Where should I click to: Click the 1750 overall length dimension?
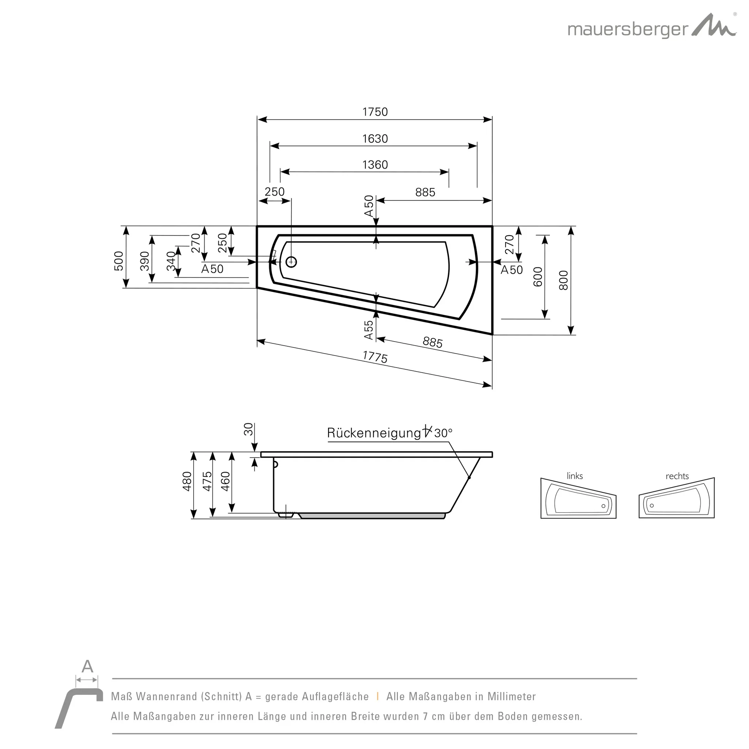click(375, 112)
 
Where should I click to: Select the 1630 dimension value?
click(375, 138)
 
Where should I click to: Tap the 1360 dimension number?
click(375, 165)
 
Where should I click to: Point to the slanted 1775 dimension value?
click(375, 357)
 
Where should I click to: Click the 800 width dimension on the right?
click(563, 280)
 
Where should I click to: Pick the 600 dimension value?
click(538, 277)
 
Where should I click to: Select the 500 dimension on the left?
click(118, 261)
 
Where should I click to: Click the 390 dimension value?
click(144, 261)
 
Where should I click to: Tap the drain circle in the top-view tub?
click(291, 262)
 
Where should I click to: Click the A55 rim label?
click(369, 330)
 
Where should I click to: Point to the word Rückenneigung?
click(374, 433)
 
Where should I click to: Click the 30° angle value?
click(443, 433)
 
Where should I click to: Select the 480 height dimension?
click(187, 481)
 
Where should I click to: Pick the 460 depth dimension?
click(225, 481)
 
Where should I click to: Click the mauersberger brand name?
click(628, 30)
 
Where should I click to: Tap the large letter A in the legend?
click(87, 666)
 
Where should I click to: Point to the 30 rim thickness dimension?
click(248, 429)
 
